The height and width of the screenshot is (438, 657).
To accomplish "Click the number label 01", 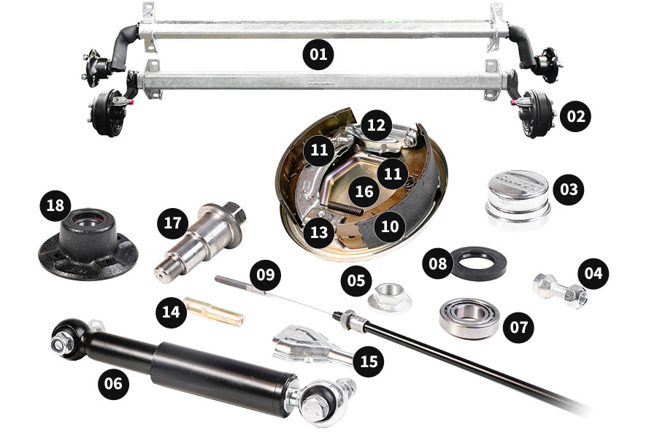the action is click(x=318, y=54).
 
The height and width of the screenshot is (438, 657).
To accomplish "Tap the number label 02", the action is click(x=576, y=116).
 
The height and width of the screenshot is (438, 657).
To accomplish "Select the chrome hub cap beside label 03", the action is click(x=518, y=199).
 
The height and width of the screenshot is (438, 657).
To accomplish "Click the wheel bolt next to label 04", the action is click(x=560, y=290).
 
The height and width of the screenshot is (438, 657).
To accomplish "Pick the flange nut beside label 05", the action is click(x=389, y=297).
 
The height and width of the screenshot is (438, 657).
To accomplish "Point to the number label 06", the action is click(x=113, y=383).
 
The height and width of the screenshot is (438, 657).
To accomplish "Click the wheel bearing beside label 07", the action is click(x=469, y=318).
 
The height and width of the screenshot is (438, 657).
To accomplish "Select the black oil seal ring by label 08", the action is click(x=478, y=264).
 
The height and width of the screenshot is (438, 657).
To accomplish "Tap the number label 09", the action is click(x=265, y=275).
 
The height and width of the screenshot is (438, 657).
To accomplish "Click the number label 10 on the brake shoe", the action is click(x=390, y=226).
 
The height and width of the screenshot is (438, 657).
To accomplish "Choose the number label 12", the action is click(x=376, y=125).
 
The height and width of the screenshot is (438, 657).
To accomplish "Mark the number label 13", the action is click(x=319, y=232).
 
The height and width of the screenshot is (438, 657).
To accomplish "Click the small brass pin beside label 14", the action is click(x=215, y=311).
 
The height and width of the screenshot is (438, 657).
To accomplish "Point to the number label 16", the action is click(x=364, y=191).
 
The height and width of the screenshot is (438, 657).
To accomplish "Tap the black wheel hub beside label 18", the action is click(x=88, y=245).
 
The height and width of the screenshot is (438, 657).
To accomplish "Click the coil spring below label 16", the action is click(x=345, y=208).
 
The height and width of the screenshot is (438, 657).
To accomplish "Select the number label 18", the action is click(x=55, y=205).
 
